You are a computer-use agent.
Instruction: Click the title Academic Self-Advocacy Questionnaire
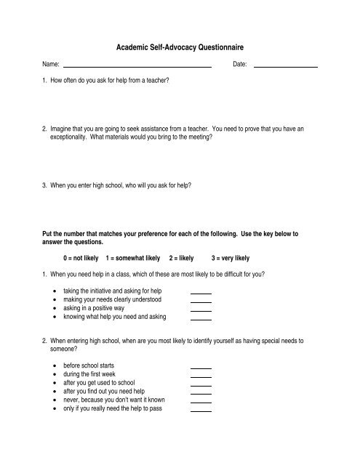coord(180,46)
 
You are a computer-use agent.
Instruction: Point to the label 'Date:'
coord(240,65)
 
